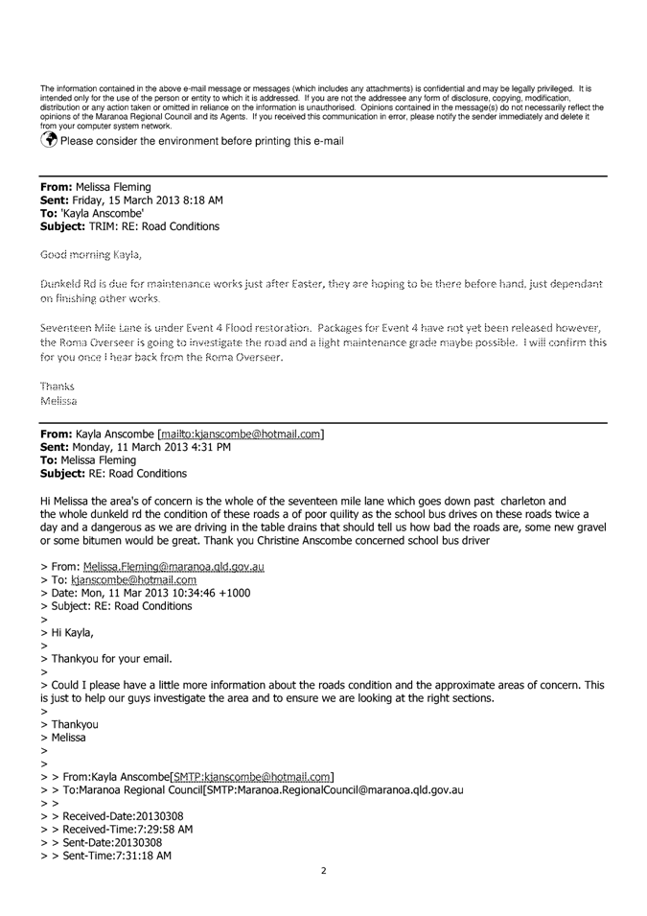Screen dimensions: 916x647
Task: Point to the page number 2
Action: click(324, 871)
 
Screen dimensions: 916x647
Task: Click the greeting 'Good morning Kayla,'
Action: click(90, 255)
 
